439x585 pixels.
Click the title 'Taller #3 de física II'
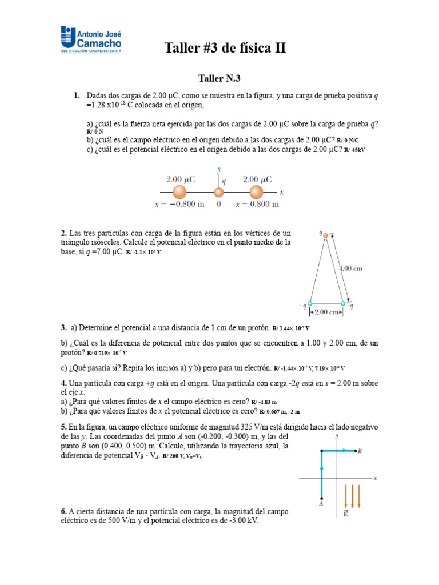(225, 48)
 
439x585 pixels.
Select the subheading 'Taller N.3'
(219, 78)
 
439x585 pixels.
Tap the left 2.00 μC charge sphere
(179, 193)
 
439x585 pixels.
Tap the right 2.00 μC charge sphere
(256, 193)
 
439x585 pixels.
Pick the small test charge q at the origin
(218, 193)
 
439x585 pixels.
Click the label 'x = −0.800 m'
(179, 205)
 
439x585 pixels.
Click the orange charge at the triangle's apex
(324, 235)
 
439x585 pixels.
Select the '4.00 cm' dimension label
(350, 268)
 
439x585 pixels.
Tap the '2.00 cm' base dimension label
(325, 312)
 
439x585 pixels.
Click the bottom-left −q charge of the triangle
(309, 303)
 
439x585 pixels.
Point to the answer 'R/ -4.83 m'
(266, 402)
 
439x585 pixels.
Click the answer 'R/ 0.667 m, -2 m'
(279, 411)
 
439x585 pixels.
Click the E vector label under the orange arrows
(346, 514)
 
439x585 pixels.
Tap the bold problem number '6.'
(64, 511)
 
